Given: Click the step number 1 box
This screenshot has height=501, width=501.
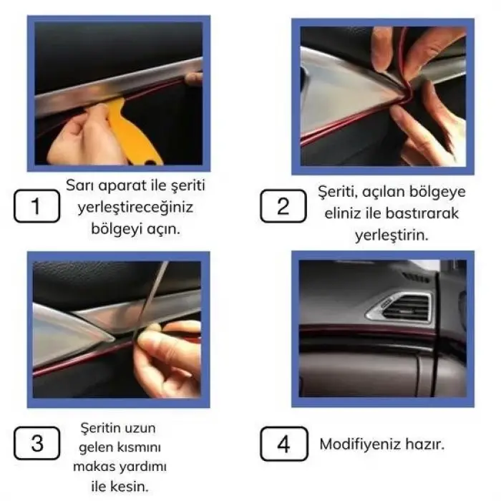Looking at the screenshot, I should coord(37,207).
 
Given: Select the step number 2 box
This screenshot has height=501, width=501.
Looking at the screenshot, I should coord(283,207).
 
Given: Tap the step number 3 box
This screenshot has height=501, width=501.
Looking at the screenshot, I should coord(37,444).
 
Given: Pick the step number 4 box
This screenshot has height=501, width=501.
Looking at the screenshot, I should coord(283,444).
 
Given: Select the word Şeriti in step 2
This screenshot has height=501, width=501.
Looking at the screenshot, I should coord(335,193).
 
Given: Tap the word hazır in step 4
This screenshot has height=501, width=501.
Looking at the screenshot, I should coord(422,444).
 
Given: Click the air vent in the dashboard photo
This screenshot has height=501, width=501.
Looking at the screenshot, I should coord(401,306).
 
